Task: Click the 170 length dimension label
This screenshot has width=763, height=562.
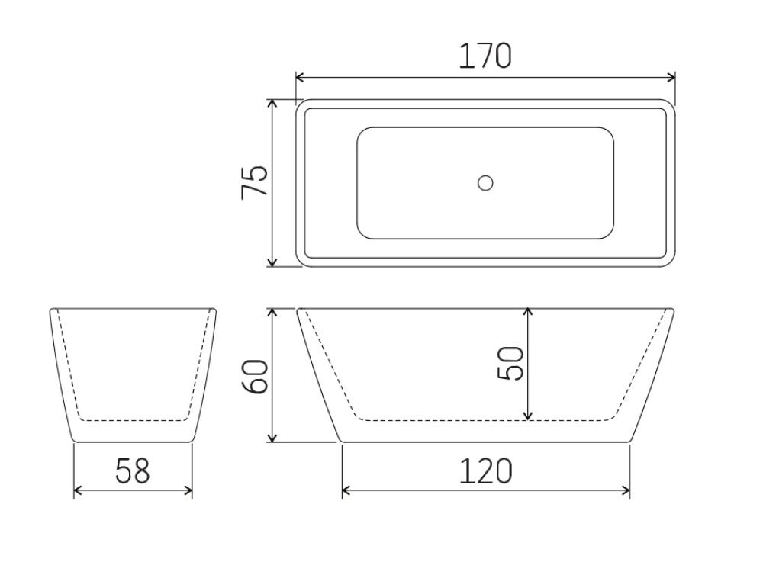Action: [485, 56]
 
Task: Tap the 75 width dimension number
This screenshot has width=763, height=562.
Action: [255, 182]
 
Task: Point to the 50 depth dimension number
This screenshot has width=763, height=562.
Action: [510, 363]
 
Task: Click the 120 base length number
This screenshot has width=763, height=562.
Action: [485, 471]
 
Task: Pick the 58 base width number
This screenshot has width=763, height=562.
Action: [133, 471]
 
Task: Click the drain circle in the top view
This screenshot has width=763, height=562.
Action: [485, 183]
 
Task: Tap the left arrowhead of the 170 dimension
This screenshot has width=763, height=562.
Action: [300, 77]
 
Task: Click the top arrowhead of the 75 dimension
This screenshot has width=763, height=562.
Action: [272, 104]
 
